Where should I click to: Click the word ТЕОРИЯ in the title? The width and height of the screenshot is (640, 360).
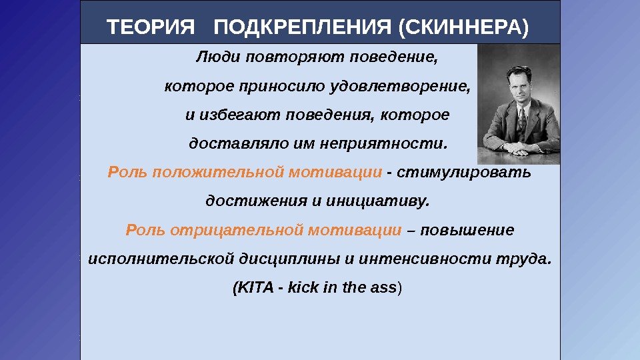[x=151, y=27]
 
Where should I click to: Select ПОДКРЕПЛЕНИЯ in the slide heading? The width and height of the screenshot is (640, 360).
[x=303, y=27]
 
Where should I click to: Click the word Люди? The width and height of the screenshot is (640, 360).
[x=218, y=57]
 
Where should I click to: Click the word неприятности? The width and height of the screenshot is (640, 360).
[x=384, y=144]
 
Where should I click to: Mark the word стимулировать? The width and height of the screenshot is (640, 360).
[x=464, y=173]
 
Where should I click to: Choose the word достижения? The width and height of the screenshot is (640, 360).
[x=256, y=201]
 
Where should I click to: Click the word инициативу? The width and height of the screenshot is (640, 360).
[x=378, y=201]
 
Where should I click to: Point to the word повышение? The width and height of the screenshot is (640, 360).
[x=467, y=230]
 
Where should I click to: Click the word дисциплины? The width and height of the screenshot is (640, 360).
[x=289, y=259]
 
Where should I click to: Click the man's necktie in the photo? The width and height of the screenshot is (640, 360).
[x=522, y=118]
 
